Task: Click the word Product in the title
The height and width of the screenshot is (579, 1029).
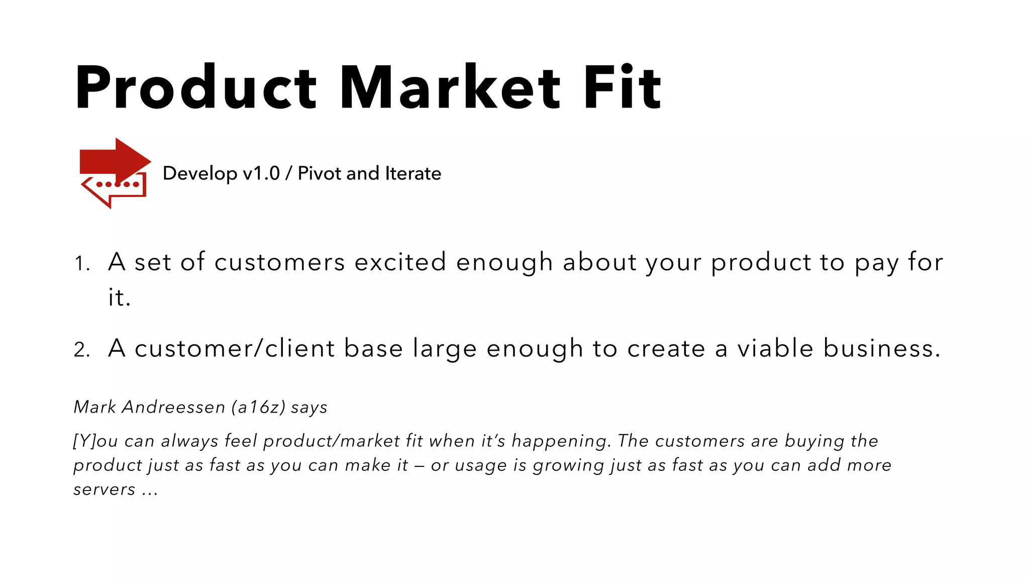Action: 195,87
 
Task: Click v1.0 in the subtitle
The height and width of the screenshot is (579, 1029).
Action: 261,173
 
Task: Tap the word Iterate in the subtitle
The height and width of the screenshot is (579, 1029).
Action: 413,173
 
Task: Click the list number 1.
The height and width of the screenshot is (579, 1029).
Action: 82,263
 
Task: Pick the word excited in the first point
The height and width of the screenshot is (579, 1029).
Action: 400,262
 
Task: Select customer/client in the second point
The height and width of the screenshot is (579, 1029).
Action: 234,348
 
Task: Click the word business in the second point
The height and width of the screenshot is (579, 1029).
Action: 881,348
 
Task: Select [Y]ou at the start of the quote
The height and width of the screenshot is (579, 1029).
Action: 95,441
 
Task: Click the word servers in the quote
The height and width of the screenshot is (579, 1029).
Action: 105,489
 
